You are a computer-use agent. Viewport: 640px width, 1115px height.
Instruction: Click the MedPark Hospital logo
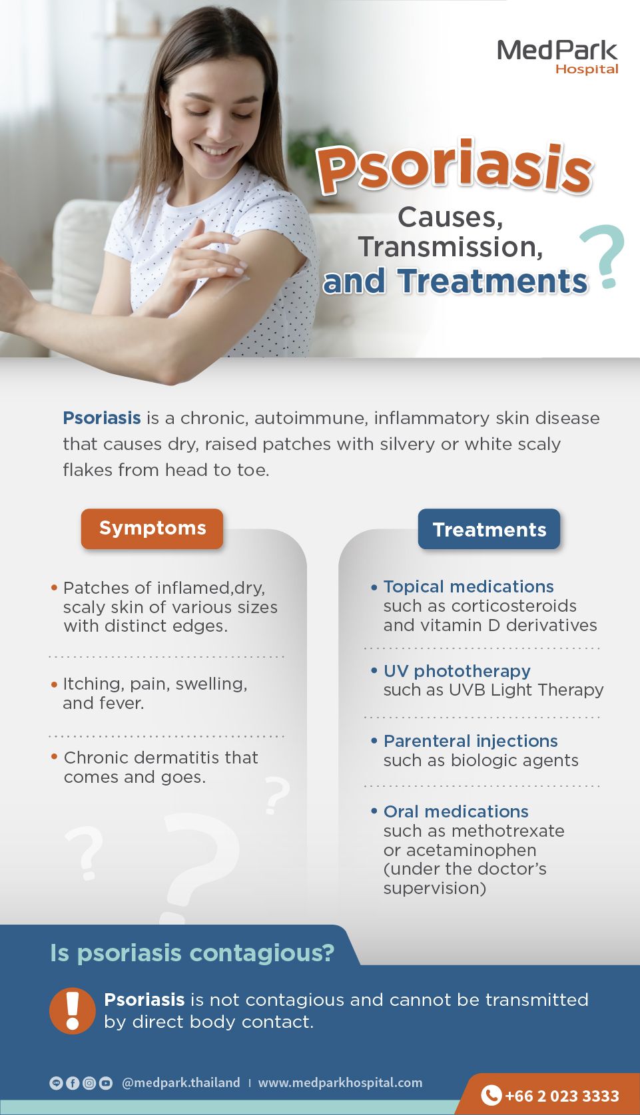pyautogui.click(x=557, y=57)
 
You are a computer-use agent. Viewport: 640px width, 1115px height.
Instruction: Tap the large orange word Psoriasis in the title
pyautogui.click(x=454, y=168)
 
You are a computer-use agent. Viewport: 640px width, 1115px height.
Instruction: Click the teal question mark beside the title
pyautogui.click(x=603, y=256)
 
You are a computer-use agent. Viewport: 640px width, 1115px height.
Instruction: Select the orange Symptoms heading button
pyautogui.click(x=152, y=529)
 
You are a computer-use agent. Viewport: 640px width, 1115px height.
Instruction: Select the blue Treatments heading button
pyautogui.click(x=489, y=529)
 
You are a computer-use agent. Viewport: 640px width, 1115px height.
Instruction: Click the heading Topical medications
pyautogui.click(x=468, y=586)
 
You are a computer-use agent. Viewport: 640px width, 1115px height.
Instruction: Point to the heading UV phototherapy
pyautogui.click(x=457, y=671)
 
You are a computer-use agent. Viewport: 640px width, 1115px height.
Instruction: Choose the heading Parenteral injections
pyautogui.click(x=470, y=741)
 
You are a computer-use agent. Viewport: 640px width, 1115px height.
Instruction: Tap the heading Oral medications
pyautogui.click(x=456, y=811)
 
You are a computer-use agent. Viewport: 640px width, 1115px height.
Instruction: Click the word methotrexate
pyautogui.click(x=508, y=831)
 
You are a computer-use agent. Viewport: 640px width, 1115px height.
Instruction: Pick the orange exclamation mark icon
pyautogui.click(x=73, y=1011)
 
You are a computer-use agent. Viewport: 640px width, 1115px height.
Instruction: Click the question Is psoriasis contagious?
pyautogui.click(x=192, y=954)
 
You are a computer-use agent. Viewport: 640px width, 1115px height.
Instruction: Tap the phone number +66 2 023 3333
pyautogui.click(x=562, y=1096)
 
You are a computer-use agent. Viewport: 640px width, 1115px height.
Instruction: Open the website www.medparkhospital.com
pyautogui.click(x=340, y=1082)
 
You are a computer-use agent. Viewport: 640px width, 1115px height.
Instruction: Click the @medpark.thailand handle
pyautogui.click(x=180, y=1082)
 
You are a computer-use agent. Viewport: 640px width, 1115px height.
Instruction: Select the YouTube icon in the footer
pyautogui.click(x=106, y=1083)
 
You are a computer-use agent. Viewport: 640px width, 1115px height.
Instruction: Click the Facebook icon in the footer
pyautogui.click(x=73, y=1083)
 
